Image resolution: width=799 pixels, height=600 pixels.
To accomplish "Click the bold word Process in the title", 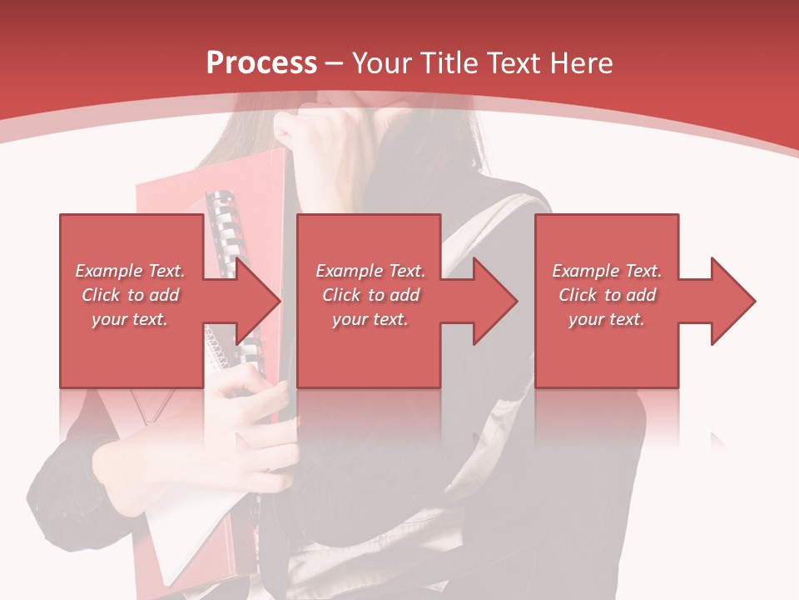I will pyautogui.click(x=261, y=62).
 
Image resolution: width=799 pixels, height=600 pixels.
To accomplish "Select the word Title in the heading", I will pyautogui.click(x=450, y=62).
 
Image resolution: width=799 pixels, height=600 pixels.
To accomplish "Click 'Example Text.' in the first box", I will pyautogui.click(x=130, y=271).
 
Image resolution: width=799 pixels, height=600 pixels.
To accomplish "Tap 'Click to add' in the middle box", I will pyautogui.click(x=370, y=295).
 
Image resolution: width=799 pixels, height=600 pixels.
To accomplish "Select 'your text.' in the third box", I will pyautogui.click(x=607, y=319).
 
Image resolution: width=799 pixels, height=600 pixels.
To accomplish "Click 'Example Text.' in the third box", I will pyautogui.click(x=607, y=271).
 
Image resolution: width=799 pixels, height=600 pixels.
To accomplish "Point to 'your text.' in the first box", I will pyautogui.click(x=130, y=319).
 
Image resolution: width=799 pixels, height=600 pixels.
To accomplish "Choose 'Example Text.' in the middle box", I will pyautogui.click(x=370, y=271).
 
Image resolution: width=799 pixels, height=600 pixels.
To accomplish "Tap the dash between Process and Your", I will pyautogui.click(x=335, y=63).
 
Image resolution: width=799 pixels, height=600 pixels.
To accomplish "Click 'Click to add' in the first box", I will pyautogui.click(x=130, y=295).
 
